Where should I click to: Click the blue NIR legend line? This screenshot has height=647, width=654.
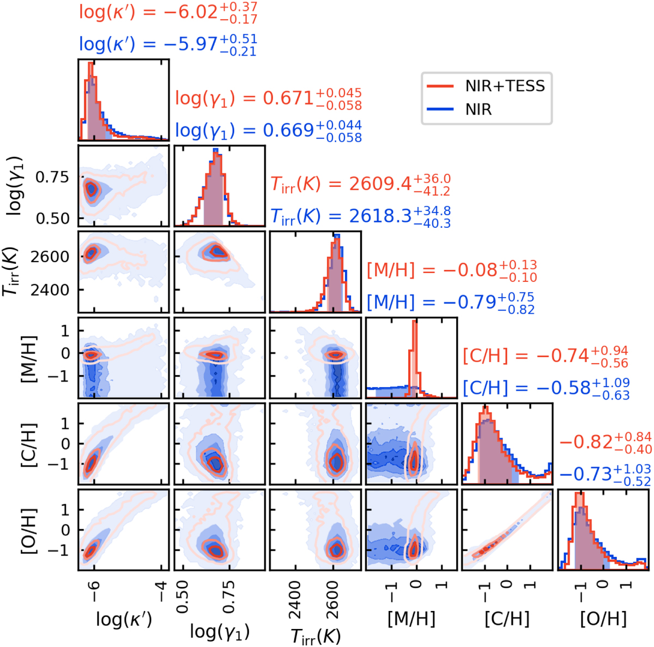tap(438, 110)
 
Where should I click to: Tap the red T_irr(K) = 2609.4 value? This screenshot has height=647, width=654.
tap(361, 185)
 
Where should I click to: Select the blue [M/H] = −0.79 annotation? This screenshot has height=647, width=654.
tap(451, 302)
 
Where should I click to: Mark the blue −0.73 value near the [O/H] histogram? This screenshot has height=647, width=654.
tap(605, 474)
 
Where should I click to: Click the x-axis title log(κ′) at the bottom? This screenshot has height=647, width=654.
tap(124, 620)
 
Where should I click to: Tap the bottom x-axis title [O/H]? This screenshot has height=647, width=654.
tap(603, 619)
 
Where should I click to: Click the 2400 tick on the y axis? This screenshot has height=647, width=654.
tap(54, 289)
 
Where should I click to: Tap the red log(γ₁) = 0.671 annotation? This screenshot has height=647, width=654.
tap(268, 98)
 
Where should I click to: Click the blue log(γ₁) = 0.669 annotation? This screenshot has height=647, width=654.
tap(268, 130)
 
